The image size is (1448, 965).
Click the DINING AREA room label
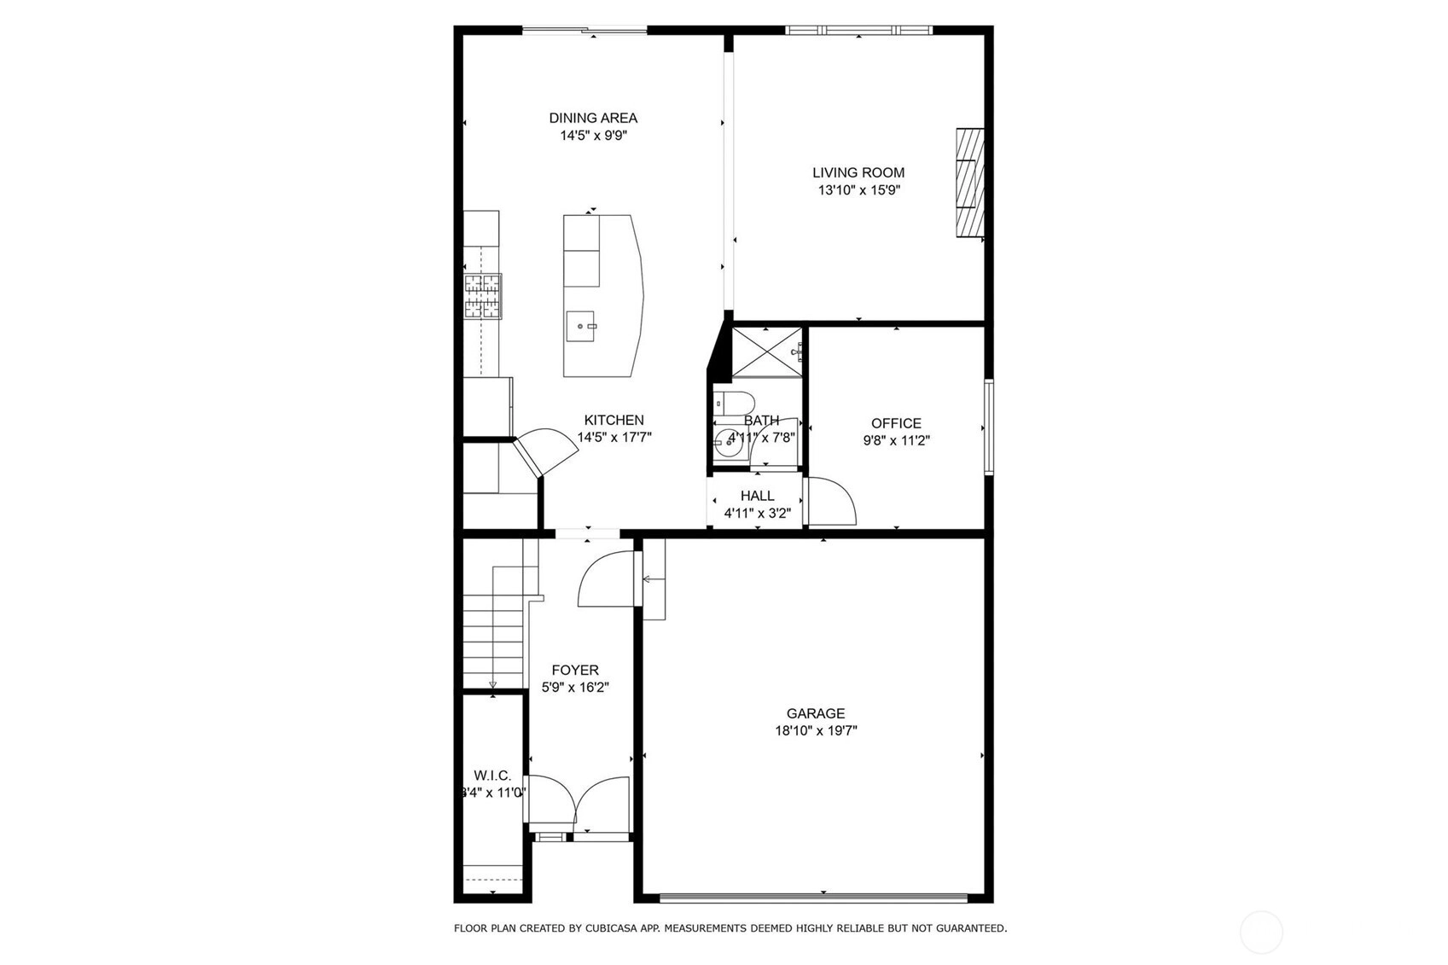point(593,119)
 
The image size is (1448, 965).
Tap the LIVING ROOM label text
point(858,172)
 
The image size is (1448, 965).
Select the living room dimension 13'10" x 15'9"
point(859,190)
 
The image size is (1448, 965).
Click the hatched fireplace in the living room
point(969,183)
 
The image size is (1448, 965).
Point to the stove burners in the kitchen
point(482,297)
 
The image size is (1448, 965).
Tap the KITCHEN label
point(614,420)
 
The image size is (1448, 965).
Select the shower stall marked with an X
point(767,352)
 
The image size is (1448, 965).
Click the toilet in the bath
point(735,403)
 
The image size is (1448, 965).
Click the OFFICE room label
point(896,423)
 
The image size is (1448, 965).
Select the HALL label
point(758,496)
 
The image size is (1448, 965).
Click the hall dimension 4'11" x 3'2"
point(758,513)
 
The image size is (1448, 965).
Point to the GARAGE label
point(816,713)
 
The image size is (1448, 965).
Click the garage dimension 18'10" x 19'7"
point(817,731)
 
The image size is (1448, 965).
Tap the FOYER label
point(575,671)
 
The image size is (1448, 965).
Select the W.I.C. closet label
point(492,776)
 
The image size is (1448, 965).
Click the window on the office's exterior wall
point(989,427)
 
